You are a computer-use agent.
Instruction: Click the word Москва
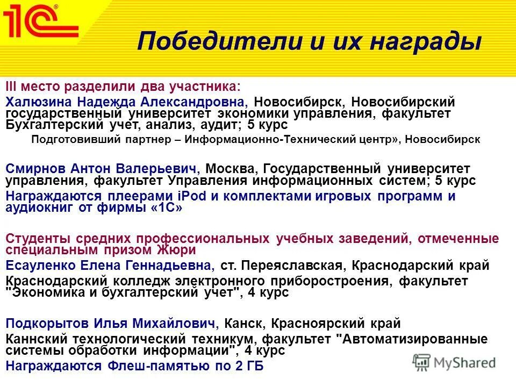(x=230, y=169)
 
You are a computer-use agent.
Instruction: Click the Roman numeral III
(x=12, y=87)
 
